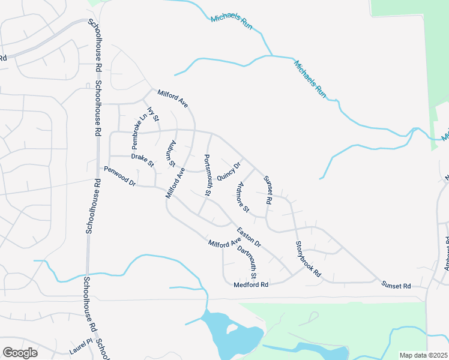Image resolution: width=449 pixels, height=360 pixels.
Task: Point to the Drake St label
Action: click(x=143, y=160)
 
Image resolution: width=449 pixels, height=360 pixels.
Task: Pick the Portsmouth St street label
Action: click(x=208, y=175)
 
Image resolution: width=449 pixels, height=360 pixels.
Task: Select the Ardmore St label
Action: click(x=243, y=197)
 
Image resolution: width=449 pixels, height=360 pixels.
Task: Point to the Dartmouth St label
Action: click(x=247, y=262)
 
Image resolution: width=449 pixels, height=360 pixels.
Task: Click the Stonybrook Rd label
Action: click(x=309, y=259)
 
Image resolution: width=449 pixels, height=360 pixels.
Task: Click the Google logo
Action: click(x=20, y=353)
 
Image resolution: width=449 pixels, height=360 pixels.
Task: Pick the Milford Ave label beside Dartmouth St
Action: click(x=224, y=244)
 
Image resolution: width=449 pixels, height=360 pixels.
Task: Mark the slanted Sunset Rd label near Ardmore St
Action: click(x=268, y=191)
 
